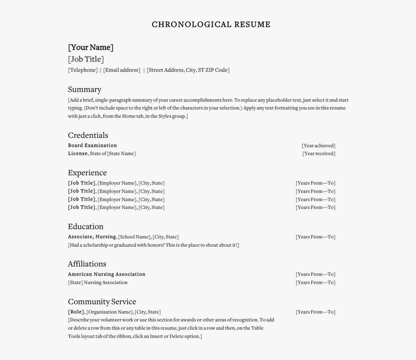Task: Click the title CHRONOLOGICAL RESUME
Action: coord(211,25)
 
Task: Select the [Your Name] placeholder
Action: coord(90,47)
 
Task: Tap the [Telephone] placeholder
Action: coord(83,70)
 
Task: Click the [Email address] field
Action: coord(121,70)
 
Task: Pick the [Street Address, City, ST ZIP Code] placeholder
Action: coord(188,70)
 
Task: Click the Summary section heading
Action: coord(85,90)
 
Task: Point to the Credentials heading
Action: coord(88,135)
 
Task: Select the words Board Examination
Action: coord(92,146)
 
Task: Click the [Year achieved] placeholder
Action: coord(318,146)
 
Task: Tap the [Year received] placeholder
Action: coord(319,154)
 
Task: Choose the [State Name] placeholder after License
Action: coord(121,154)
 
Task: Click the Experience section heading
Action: coord(87,173)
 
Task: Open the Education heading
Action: coord(86,226)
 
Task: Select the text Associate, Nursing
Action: coord(92,237)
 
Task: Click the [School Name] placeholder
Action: coord(134,237)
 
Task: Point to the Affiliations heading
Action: coord(87,264)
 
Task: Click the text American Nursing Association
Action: coord(106,274)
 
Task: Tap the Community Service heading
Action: coord(102,301)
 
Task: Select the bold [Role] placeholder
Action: coord(76,312)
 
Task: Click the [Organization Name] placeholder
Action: coord(109,312)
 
